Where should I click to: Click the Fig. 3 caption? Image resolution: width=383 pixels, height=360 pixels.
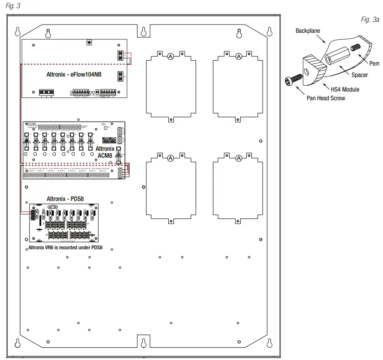[x=13, y=5]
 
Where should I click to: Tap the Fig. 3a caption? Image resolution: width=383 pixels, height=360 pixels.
[x=370, y=20]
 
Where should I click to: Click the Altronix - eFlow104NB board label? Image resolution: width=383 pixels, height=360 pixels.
[x=73, y=74]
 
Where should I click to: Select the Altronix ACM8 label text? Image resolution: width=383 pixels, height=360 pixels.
[x=105, y=152]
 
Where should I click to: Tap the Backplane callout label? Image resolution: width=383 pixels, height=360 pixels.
[x=308, y=31]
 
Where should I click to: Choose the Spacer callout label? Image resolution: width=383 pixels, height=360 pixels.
[x=359, y=75]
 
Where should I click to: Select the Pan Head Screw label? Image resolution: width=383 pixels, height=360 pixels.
[x=326, y=98]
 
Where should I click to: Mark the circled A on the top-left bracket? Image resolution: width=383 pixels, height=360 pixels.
[x=171, y=57]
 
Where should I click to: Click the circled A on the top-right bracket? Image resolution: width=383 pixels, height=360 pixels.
[x=238, y=57]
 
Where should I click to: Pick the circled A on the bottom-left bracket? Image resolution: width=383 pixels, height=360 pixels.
[x=171, y=158]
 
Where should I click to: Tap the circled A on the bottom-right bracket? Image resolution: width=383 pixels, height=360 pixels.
[x=238, y=158]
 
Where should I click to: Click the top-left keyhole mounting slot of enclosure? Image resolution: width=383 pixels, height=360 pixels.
[x=18, y=32]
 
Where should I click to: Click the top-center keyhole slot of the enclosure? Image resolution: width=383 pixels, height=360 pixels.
[x=143, y=31]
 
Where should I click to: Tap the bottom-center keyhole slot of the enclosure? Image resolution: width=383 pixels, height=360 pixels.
[x=143, y=342]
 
